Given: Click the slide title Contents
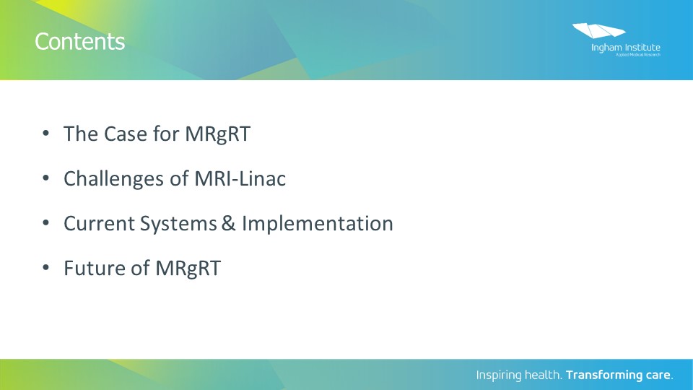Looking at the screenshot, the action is coord(80,42).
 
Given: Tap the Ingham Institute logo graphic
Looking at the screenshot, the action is coord(599,30).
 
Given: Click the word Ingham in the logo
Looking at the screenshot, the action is coord(607,48).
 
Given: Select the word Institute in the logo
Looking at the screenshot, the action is coord(642,48).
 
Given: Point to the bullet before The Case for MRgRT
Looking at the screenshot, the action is coord(45,133).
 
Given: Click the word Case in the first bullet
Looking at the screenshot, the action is coord(126,134).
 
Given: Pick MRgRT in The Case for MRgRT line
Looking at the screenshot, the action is coord(217,134).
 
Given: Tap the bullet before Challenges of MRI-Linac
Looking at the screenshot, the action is coord(45,178).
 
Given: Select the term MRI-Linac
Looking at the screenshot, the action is coord(240,178).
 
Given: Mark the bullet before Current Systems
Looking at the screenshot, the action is coord(45,222).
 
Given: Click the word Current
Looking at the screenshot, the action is coord(99,223).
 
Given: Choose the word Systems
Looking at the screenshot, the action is coord(178,224).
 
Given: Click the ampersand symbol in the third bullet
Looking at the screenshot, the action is coord(229,223).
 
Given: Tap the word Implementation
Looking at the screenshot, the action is coord(318,224).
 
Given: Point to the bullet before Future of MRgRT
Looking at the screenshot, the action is coord(45,267).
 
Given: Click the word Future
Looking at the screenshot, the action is coord(94,268).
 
